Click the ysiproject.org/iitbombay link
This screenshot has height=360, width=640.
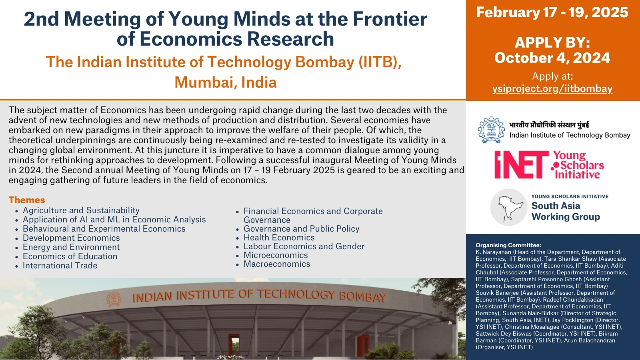(552, 89)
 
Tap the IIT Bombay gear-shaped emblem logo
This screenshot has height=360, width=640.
(492, 130)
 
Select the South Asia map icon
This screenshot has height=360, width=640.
(508, 207)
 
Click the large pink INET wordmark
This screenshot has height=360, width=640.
(522, 164)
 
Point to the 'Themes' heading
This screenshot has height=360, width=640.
(27, 200)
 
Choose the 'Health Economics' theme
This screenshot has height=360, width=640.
(279, 238)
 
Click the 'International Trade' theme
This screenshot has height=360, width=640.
(60, 266)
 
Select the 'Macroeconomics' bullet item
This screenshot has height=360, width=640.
(276, 264)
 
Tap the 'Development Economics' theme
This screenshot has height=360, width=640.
(71, 238)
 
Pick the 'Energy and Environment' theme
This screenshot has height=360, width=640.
(71, 247)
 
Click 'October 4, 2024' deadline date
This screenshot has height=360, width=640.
(552, 58)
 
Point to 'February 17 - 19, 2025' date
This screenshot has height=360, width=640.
(552, 12)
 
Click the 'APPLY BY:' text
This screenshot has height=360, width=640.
(552, 42)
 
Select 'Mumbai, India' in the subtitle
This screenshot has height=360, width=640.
(226, 82)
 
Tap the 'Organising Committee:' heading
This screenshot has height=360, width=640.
(508, 245)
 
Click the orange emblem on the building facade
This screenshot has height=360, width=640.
(114, 299)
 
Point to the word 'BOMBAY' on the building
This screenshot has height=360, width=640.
(363, 297)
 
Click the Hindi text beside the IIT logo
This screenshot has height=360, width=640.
(549, 125)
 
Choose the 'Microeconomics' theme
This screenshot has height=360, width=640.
(276, 255)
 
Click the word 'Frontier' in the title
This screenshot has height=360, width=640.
(390, 19)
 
